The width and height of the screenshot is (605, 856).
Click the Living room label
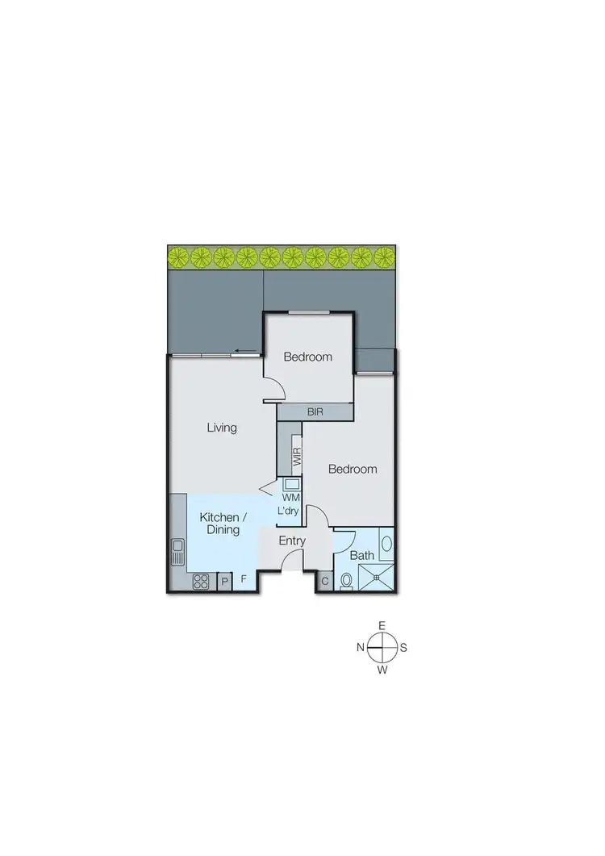[x=222, y=428]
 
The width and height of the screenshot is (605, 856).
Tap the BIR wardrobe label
[x=315, y=411]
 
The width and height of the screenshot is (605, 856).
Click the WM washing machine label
[x=290, y=499]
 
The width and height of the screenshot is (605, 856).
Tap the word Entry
[x=292, y=541]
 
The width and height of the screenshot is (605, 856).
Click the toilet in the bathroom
[x=347, y=580]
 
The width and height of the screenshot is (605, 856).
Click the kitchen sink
[x=178, y=554]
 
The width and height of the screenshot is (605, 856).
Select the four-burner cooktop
[x=201, y=581]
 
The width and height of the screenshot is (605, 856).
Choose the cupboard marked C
[x=324, y=581]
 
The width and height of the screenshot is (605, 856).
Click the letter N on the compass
[x=361, y=648]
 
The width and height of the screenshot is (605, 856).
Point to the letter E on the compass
[x=383, y=626]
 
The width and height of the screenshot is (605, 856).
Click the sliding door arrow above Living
[x=240, y=351]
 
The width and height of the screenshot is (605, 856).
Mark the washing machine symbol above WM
[x=290, y=484]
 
